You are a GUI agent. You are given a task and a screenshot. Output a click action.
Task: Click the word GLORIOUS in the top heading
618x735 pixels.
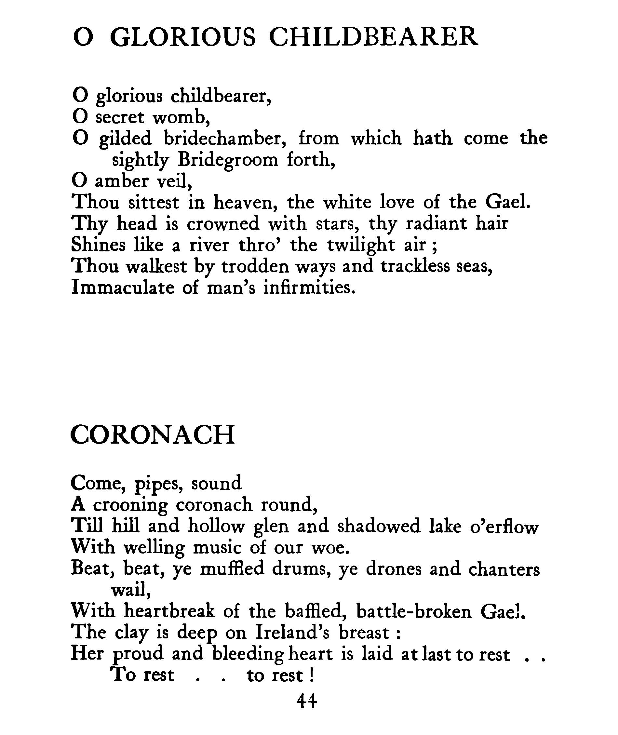coord(183,37)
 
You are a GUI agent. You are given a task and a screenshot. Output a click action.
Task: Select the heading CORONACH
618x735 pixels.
coord(153,435)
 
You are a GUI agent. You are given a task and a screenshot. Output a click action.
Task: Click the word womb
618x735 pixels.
coord(181,117)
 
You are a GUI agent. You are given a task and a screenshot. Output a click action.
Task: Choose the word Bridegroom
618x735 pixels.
coord(228,160)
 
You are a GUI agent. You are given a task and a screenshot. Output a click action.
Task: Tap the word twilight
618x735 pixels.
coord(361,245)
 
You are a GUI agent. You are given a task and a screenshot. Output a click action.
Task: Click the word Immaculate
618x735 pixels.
coord(123,287)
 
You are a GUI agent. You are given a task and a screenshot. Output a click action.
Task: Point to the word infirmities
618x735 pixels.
coord(309,287)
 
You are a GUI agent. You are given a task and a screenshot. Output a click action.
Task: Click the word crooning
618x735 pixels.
coord(130,505)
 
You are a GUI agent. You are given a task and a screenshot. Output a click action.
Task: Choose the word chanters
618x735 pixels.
coord(504,570)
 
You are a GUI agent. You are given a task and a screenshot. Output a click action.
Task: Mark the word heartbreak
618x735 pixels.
coord(169,612)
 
